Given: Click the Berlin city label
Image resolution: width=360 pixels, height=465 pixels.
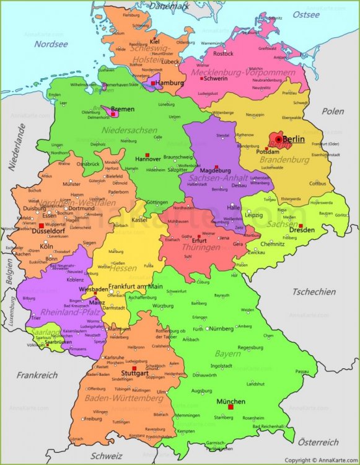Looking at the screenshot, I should point(293,139).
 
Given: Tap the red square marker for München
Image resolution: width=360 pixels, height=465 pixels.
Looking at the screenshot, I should point(230,407).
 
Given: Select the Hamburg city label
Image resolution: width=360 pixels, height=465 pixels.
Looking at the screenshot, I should point(170,82).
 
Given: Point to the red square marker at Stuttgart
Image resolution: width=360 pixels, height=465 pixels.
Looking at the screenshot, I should point(134,368).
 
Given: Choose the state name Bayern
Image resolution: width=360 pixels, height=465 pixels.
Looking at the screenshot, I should point(227,353).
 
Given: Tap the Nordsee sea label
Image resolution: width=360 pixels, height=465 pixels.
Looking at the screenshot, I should point(50,44).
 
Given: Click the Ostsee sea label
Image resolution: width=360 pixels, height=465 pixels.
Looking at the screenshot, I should point(306,14).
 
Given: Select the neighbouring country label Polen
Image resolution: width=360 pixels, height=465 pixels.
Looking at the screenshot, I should point(332,111).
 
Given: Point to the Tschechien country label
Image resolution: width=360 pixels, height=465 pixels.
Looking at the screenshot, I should point(314,291).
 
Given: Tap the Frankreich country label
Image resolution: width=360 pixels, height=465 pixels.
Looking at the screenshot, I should point(37,375).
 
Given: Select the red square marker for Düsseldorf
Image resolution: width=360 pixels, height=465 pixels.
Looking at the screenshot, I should point(41,226).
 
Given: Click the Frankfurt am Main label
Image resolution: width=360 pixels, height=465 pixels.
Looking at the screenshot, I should point(135,286).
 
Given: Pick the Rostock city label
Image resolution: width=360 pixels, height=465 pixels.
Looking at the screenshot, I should point(223,54).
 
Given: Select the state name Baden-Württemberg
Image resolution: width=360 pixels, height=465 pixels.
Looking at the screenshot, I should point(125,397).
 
